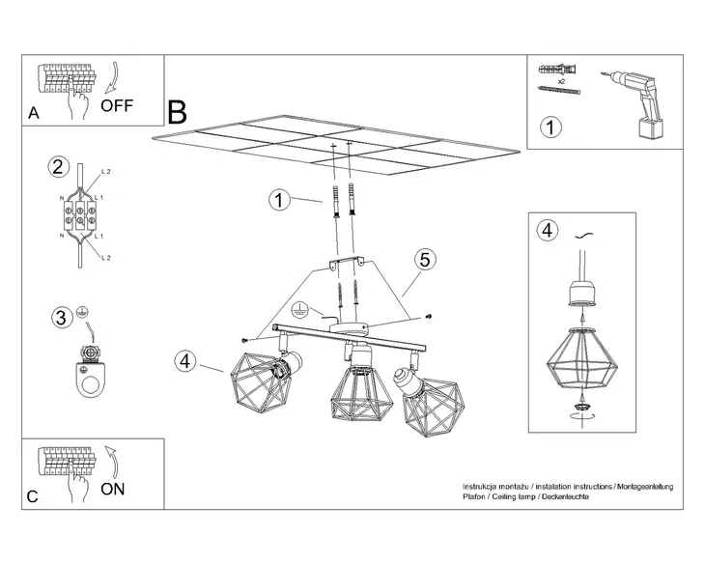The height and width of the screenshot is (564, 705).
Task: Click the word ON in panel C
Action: [113, 488]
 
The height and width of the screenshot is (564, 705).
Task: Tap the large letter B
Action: [177, 112]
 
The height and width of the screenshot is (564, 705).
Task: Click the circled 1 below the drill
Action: [549, 127]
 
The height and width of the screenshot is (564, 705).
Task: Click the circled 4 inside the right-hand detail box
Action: [547, 230]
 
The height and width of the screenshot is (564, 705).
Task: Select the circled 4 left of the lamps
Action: [186, 362]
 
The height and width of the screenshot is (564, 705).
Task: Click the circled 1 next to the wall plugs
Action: [278, 200]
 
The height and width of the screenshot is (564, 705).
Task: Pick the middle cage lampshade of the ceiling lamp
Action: [359, 394]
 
